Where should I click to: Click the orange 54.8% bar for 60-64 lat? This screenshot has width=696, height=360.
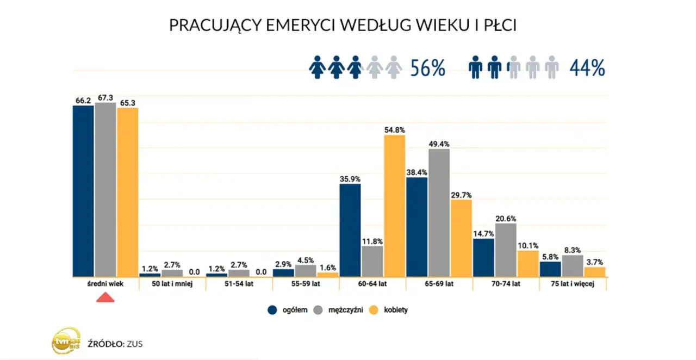pos(395,206)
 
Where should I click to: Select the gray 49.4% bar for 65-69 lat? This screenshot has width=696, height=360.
pos(439,213)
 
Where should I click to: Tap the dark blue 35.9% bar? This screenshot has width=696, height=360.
pos(350,230)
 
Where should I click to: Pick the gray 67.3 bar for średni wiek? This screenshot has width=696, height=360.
pos(105,189)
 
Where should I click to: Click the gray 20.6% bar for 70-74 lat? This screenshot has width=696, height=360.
pos(506,250)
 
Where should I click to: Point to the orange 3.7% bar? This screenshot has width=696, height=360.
pos(595,271)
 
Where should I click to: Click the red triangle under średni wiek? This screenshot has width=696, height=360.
pos(105,297)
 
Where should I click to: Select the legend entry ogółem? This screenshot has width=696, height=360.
pos(288,310)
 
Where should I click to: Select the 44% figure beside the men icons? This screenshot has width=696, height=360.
pos(587,68)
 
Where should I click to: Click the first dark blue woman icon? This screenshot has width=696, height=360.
pos(317,67)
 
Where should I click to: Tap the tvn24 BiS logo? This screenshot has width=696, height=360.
pos(66,342)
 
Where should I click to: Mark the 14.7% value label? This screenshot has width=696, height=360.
pos(483,232)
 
